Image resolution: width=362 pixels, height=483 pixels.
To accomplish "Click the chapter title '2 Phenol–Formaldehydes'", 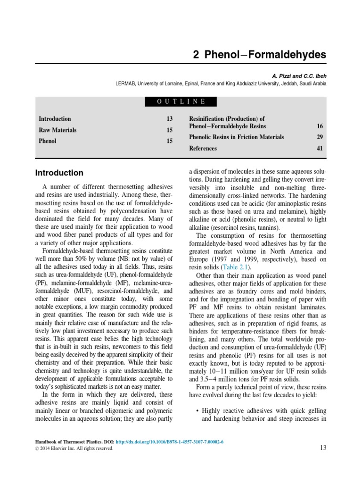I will pos(259,55).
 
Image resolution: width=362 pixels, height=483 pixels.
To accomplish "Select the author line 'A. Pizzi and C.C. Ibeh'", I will pos(299,75).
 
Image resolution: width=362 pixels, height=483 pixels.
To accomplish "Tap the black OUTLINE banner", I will pos(181,101).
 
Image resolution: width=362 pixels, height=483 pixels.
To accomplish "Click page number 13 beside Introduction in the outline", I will pos(170,119).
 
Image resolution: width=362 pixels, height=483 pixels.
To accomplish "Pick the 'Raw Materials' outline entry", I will pos(58,130).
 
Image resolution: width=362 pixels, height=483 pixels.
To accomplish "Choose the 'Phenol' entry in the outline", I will pos(47,141).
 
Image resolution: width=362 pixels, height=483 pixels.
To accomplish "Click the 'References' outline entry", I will pos(203,149).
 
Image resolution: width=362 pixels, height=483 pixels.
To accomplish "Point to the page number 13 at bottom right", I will pos(322,448).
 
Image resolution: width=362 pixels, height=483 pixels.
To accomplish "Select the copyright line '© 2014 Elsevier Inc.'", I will pos(74,449).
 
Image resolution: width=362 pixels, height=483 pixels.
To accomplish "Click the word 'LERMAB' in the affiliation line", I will pos(126,83).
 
